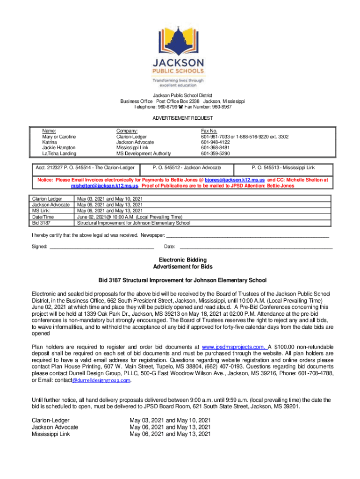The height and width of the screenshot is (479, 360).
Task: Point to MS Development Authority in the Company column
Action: coord(144,153)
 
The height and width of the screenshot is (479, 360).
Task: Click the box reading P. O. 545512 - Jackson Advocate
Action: coord(187,167)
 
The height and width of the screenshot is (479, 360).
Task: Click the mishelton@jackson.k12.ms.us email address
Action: coord(111,186)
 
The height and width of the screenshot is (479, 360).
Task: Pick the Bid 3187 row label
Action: coord(39,223)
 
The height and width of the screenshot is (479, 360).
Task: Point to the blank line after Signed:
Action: coord(101,247)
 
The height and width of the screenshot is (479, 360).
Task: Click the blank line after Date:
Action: coord(256,247)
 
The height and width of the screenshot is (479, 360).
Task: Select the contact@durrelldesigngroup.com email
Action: coord(101,380)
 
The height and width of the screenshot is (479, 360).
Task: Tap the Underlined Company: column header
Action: coord(127,131)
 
